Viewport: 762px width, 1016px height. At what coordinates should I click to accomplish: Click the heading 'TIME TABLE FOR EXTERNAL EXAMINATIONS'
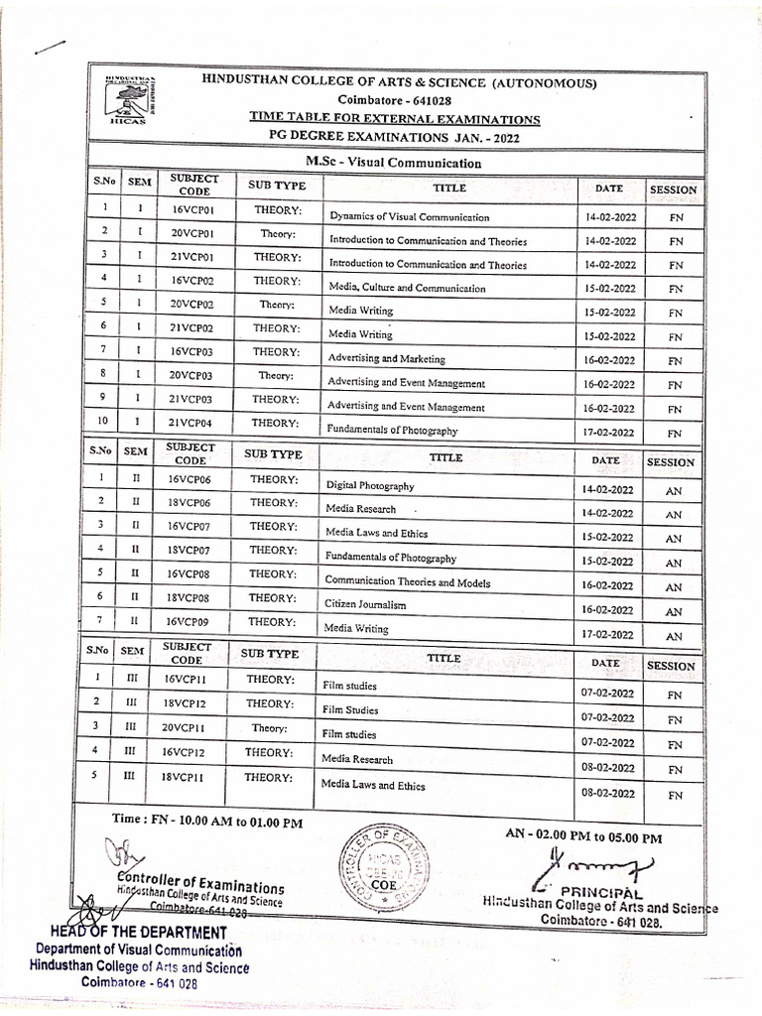(x=395, y=119)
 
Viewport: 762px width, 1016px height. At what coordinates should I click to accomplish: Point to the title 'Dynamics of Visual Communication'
(x=409, y=216)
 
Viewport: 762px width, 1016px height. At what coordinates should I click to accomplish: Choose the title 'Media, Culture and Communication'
(x=407, y=288)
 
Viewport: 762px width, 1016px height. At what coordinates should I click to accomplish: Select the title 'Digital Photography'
(x=370, y=486)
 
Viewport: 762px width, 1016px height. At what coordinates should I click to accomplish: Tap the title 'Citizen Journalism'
(x=365, y=604)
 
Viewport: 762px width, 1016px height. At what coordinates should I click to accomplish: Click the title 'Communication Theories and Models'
(x=407, y=581)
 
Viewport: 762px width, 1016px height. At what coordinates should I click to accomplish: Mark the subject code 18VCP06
(x=189, y=503)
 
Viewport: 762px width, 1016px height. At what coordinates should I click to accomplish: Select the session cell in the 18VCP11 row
(x=675, y=795)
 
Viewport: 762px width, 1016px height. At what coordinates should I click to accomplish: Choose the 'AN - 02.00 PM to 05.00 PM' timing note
(x=582, y=836)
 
